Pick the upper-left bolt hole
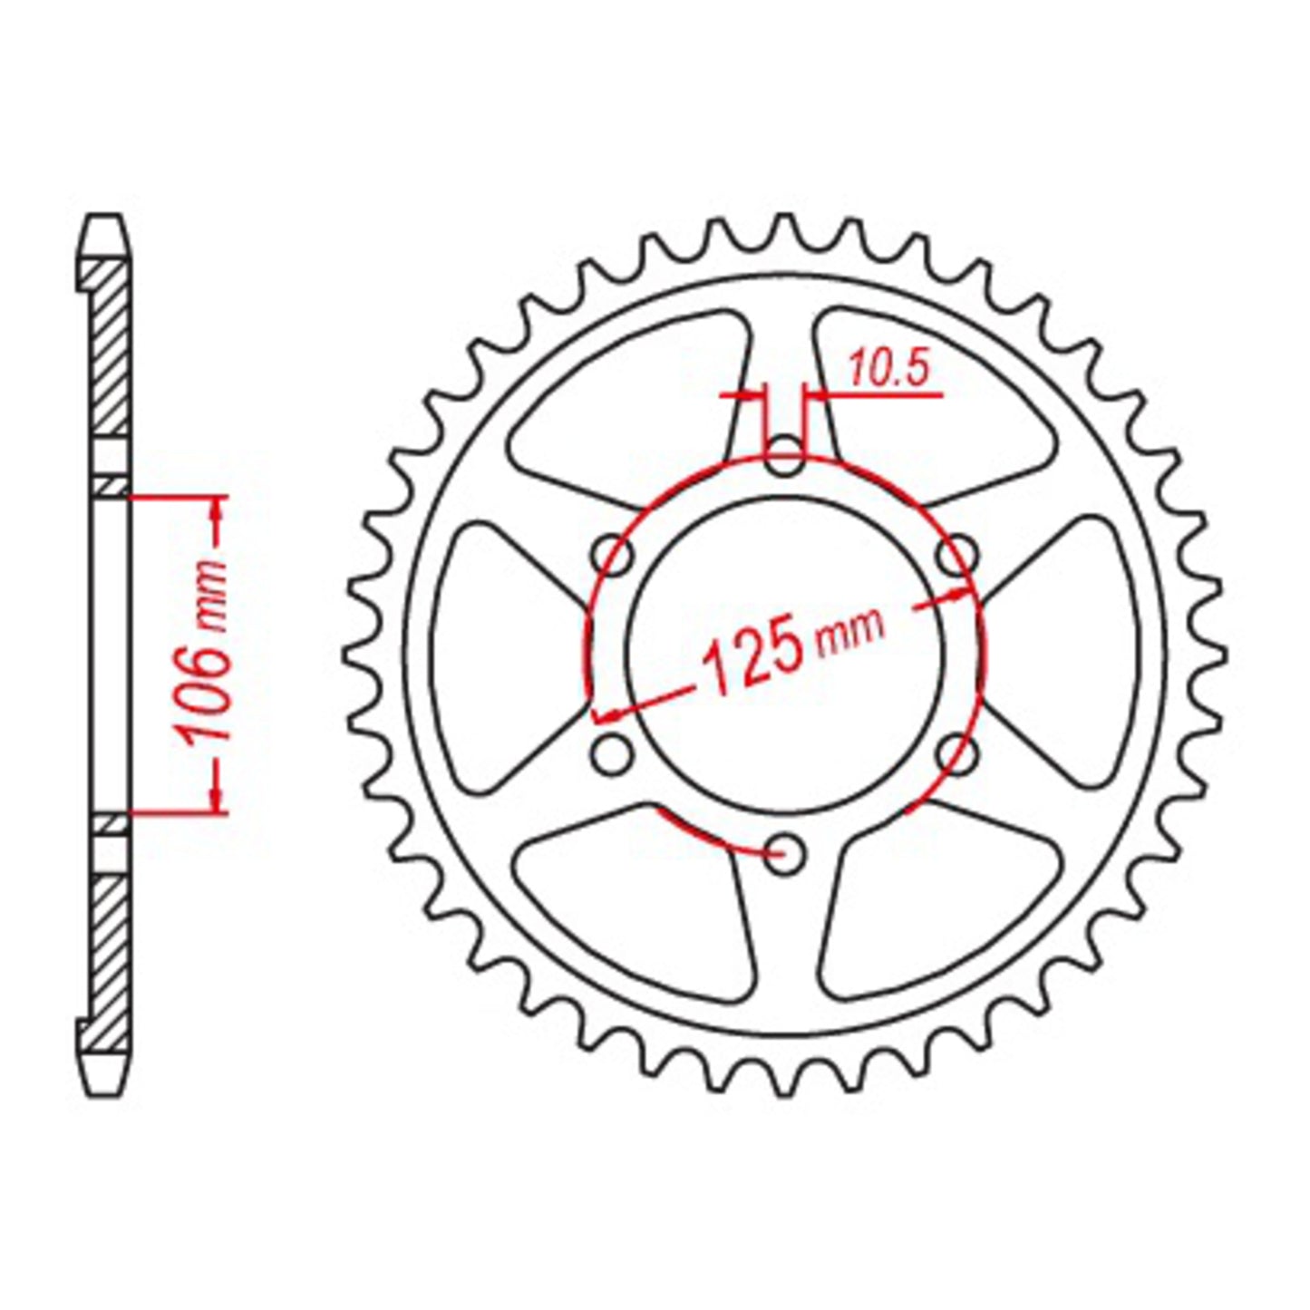[613, 556]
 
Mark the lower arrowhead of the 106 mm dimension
[216, 798]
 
